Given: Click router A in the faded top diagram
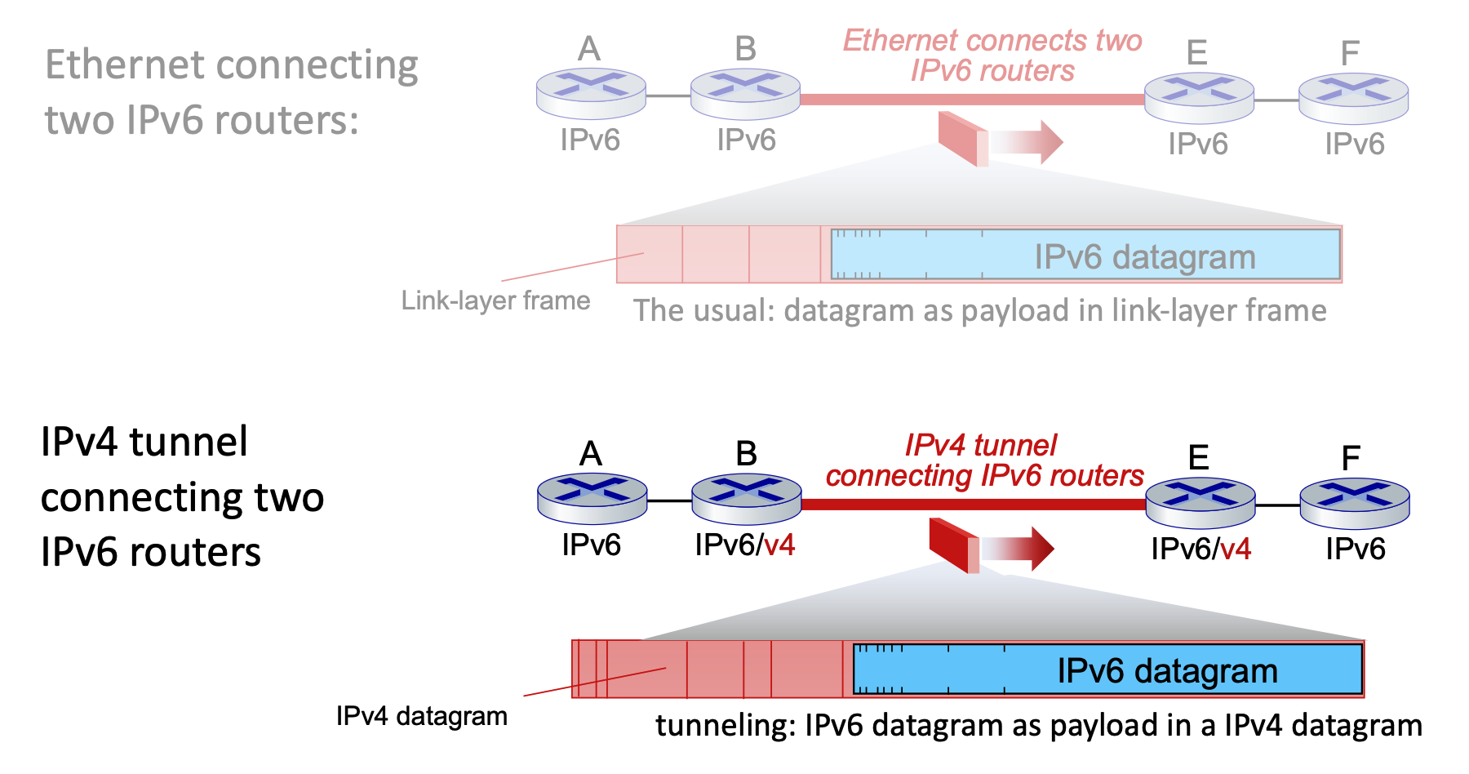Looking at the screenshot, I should click(591, 94).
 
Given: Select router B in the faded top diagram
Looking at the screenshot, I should click(745, 94).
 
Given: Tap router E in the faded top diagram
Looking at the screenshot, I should click(1199, 98).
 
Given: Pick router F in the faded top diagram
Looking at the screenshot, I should click(1353, 98).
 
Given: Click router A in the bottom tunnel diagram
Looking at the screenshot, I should click(592, 498).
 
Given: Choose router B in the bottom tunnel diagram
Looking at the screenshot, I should click(746, 498).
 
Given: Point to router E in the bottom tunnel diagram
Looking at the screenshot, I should click(1200, 502).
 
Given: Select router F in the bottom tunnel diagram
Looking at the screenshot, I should click(1354, 502).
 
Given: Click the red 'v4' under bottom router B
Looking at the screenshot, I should click(779, 545).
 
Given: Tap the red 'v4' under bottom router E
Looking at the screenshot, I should click(1236, 549).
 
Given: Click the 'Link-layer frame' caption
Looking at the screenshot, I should click(495, 300).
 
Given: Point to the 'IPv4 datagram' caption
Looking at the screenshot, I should click(421, 716).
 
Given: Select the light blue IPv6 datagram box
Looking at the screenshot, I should click(1085, 255).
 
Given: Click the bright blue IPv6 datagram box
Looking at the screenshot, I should click(1107, 669).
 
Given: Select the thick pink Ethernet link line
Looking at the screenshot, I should click(971, 100).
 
